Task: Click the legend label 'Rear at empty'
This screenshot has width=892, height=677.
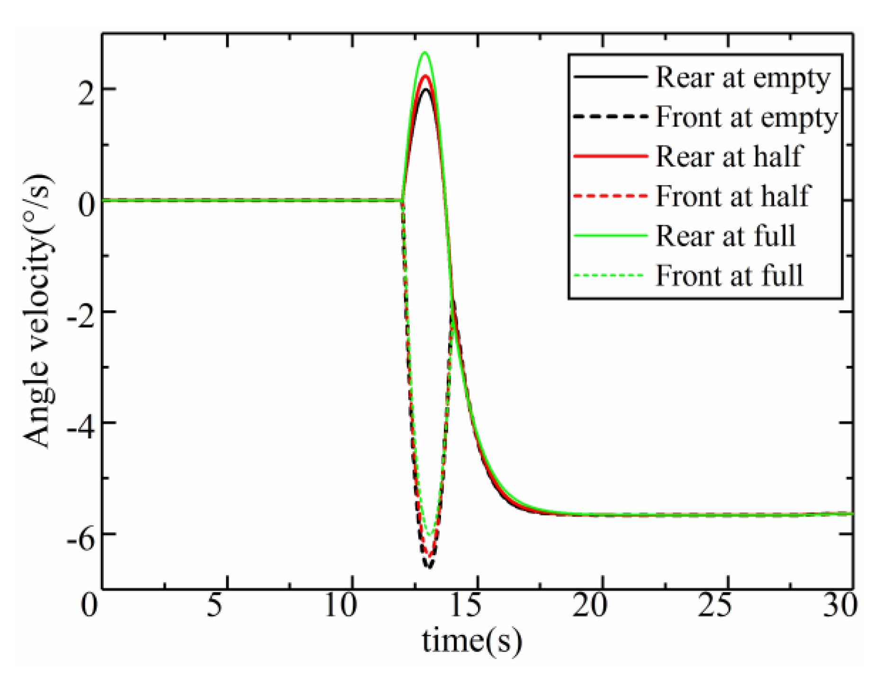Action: [x=742, y=78]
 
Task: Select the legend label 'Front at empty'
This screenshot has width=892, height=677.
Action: [x=747, y=117]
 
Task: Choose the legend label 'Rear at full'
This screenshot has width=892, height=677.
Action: [x=725, y=236]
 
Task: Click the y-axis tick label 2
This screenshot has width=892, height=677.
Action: [x=86, y=89]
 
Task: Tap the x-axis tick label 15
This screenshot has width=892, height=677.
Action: [x=465, y=606]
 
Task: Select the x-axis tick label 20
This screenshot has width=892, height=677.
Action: [x=589, y=606]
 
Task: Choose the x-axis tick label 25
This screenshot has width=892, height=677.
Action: [x=714, y=606]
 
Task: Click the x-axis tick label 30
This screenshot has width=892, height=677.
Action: [x=840, y=606]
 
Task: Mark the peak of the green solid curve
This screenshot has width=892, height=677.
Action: [x=425, y=52]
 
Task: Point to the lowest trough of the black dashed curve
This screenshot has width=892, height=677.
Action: [x=429, y=567]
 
